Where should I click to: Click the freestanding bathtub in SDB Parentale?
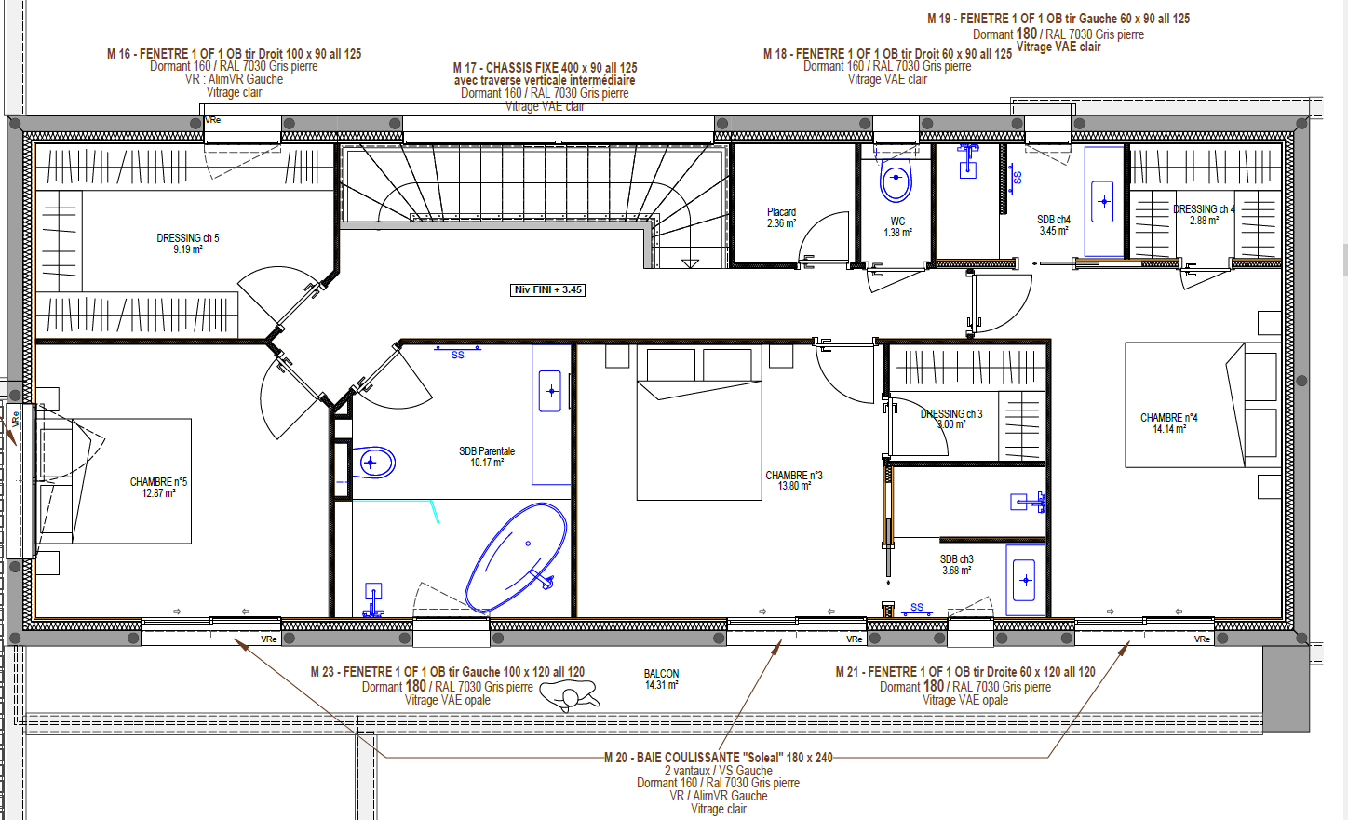click(517, 557)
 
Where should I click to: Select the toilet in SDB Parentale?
click(374, 462)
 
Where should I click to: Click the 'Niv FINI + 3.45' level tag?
click(548, 290)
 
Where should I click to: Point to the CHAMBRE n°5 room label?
click(158, 487)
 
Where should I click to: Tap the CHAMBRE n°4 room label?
click(1168, 423)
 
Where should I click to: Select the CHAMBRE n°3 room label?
click(793, 480)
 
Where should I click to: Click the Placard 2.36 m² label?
click(781, 218)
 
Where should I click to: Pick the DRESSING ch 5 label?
click(188, 243)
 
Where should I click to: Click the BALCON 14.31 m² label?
click(661, 679)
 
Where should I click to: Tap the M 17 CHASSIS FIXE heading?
click(545, 68)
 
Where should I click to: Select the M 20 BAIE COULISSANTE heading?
click(718, 758)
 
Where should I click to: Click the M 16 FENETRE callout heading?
click(234, 54)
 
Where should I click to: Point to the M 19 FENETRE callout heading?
click(1058, 19)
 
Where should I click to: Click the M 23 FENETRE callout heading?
click(447, 672)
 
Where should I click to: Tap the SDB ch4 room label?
click(1053, 224)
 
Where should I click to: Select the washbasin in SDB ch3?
click(1025, 580)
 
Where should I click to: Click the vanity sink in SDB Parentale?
click(551, 391)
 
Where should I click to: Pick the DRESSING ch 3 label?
click(950, 419)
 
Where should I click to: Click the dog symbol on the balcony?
click(569, 694)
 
